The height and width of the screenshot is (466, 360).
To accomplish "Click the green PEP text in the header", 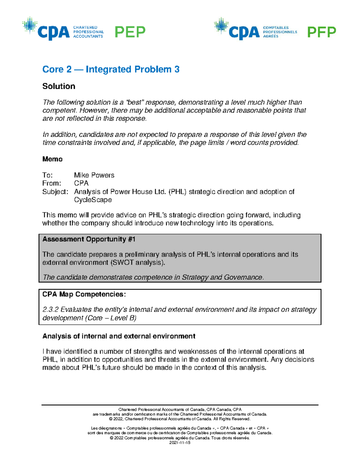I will pyautogui.click(x=130, y=32).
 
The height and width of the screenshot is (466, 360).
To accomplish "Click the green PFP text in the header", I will pyautogui.click(x=321, y=32).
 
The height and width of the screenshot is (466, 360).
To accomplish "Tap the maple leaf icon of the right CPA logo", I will pyautogui.click(x=221, y=26).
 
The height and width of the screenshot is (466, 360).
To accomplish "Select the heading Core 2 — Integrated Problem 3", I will pyautogui.click(x=111, y=69).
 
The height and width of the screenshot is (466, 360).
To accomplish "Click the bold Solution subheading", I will pyautogui.click(x=59, y=86).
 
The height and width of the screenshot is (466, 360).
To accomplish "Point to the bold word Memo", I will pyautogui.click(x=52, y=159).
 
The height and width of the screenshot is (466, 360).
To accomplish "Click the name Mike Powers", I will pyautogui.click(x=94, y=175).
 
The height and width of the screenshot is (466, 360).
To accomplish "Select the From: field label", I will pyautogui.click(x=52, y=183).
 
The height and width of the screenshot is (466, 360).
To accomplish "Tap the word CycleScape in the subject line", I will pyautogui.click(x=93, y=200).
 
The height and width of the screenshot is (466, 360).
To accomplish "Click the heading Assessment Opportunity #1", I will pyautogui.click(x=89, y=239).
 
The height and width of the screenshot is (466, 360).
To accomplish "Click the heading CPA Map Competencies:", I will pyautogui.click(x=84, y=294).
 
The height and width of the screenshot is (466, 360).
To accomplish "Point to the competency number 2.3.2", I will pyautogui.click(x=50, y=310).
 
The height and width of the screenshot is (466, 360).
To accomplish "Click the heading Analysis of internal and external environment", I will pyautogui.click(x=119, y=336).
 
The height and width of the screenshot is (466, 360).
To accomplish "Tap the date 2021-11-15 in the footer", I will pyautogui.click(x=180, y=443).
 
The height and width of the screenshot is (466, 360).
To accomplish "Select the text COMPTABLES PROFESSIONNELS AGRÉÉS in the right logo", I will pyautogui.click(x=280, y=32).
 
